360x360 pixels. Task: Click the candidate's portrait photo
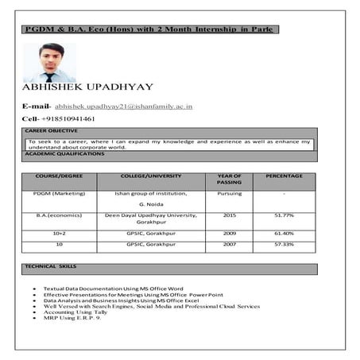49,62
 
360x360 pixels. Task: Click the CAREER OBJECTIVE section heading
52,130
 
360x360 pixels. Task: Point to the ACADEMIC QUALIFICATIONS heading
64,153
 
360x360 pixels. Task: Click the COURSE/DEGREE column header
60,176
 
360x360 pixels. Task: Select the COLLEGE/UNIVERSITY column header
151,176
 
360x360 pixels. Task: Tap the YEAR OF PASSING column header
229,179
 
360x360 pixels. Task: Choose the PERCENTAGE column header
284,176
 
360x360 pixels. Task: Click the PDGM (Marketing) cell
60,193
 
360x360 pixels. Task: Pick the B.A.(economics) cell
60,215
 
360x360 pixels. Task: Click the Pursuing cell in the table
229,193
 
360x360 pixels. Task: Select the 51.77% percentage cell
284,215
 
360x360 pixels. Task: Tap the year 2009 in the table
229,234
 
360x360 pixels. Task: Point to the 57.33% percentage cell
284,244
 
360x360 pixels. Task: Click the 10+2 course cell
60,234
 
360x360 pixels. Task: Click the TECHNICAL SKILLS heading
51,266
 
